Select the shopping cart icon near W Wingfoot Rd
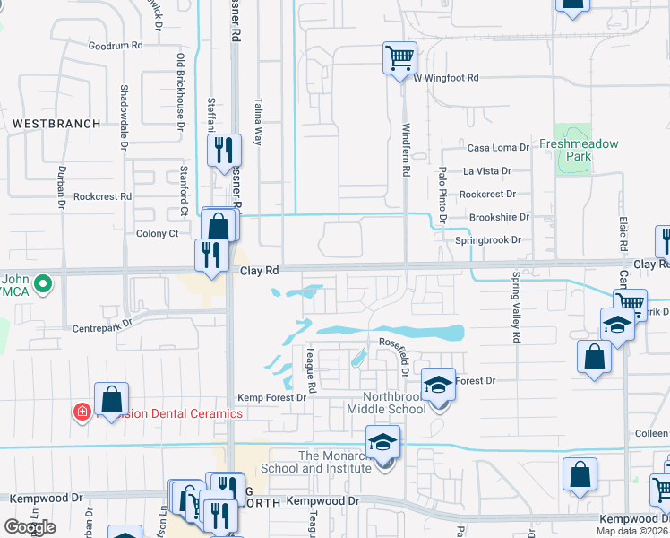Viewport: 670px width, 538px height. [x=399, y=58]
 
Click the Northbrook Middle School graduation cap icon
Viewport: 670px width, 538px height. [x=437, y=386]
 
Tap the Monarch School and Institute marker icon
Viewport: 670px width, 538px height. [x=382, y=443]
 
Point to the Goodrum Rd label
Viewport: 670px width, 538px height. [x=116, y=45]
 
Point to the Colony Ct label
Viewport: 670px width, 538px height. [x=157, y=233]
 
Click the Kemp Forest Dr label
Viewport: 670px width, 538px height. [x=271, y=398]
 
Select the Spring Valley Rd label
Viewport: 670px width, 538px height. [x=516, y=308]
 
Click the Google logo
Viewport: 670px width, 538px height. [x=30, y=527]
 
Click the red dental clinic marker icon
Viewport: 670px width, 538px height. [x=82, y=412]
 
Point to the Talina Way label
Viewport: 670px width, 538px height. [x=258, y=123]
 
